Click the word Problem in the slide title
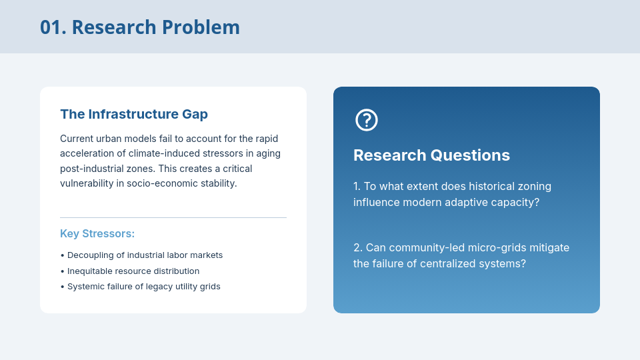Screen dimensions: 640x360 tap(201, 27)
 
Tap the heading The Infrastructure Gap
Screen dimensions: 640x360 tap(134, 114)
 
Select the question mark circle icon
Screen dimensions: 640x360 tap(367, 120)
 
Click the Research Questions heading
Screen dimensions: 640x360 tap(431, 155)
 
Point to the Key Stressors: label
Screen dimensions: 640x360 tap(97, 233)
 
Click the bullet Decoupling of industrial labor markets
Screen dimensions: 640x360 tap(141, 255)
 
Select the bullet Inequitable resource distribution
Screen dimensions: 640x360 tap(130, 271)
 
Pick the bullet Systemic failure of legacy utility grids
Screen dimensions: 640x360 tap(141, 287)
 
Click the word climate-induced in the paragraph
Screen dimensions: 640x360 tap(159, 153)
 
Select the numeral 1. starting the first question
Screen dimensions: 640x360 tap(357, 186)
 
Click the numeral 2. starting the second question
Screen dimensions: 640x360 tap(358, 247)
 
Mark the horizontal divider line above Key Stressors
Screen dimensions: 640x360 tap(173, 217)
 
